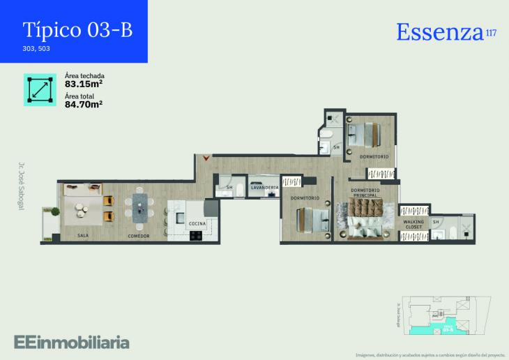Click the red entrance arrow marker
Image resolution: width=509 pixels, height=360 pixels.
205,159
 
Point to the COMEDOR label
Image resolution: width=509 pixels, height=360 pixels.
139,236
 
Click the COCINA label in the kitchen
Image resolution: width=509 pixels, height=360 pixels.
197,223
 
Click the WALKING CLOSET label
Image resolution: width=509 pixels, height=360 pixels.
413,225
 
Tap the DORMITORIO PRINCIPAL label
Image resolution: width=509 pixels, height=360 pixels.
365,193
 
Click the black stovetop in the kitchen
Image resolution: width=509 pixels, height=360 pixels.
195,235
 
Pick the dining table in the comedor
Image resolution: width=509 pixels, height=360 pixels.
142,207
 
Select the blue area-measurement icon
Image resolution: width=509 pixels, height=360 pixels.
40,89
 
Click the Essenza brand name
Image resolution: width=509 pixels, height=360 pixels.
439,31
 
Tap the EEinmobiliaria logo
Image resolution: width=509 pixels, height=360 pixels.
71,342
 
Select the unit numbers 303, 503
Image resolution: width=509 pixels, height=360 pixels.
36,49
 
